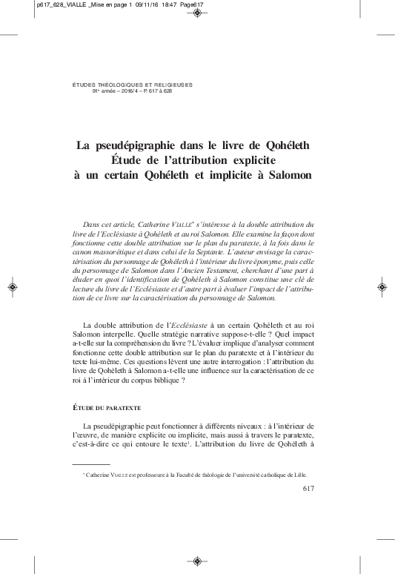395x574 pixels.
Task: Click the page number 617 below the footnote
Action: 311,488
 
